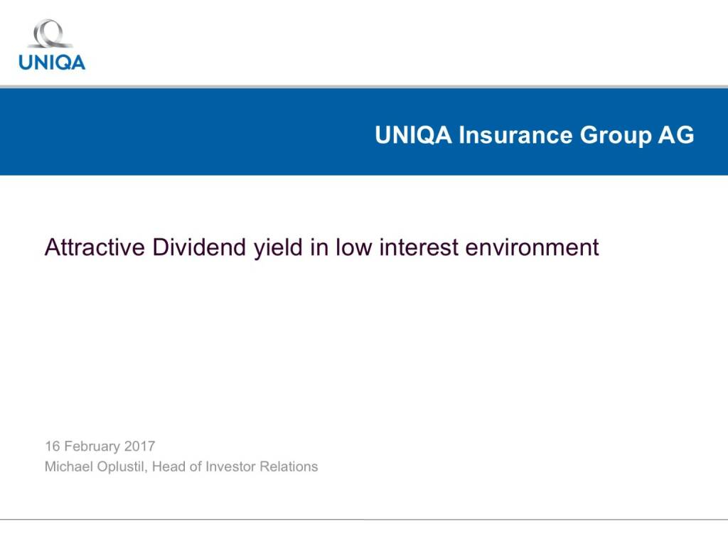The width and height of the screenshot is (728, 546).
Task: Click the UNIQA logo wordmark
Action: (x=52, y=63)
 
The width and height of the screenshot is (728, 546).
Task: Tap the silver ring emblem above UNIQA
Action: (x=50, y=33)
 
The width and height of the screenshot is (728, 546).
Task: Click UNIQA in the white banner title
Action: (x=413, y=135)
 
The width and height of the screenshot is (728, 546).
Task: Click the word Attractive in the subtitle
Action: (x=95, y=247)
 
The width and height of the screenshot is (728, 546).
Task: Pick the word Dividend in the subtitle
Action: (x=199, y=247)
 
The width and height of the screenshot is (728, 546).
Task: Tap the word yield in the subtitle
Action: (x=278, y=248)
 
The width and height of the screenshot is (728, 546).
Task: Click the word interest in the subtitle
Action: (x=419, y=247)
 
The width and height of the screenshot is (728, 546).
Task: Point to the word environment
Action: (x=532, y=247)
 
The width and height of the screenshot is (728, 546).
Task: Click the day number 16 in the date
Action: (x=53, y=446)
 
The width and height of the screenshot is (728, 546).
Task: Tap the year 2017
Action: (x=140, y=446)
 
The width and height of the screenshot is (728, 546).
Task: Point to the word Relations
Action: (x=289, y=466)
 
